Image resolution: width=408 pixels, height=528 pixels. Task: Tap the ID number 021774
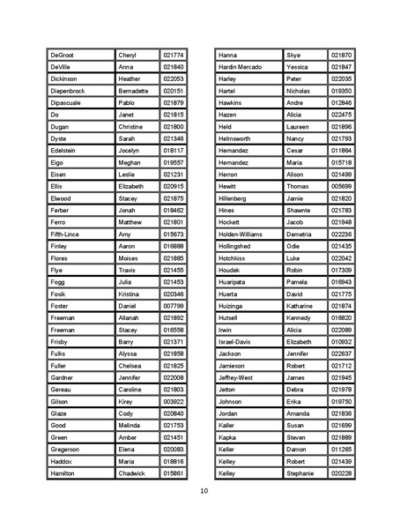tap(174, 55)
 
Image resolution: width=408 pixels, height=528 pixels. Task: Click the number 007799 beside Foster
tap(174, 305)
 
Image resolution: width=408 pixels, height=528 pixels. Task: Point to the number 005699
tap(342, 186)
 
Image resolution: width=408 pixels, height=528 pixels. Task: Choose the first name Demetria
tap(300, 234)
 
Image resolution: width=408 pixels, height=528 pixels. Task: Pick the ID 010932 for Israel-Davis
tap(342, 341)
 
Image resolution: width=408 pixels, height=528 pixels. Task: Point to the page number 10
tap(204, 490)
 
